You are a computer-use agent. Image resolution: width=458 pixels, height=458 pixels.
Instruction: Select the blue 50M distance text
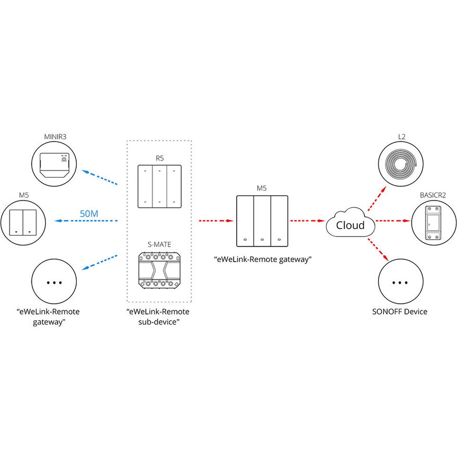coord(89,214)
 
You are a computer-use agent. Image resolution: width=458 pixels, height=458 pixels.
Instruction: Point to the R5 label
coord(159,158)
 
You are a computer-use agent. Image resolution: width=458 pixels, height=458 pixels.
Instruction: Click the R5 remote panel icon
coord(159,186)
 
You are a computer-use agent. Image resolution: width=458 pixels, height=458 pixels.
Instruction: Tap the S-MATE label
coord(159,244)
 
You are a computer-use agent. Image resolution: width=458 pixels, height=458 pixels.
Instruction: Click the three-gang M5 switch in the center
coord(262,221)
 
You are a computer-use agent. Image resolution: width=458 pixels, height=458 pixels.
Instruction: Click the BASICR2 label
coord(433,195)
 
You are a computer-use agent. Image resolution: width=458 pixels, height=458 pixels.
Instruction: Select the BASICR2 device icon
coord(433,222)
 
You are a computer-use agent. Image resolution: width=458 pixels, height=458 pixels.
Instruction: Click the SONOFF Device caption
coord(400,311)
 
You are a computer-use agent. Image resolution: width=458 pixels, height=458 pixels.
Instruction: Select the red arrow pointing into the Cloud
coord(307,221)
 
